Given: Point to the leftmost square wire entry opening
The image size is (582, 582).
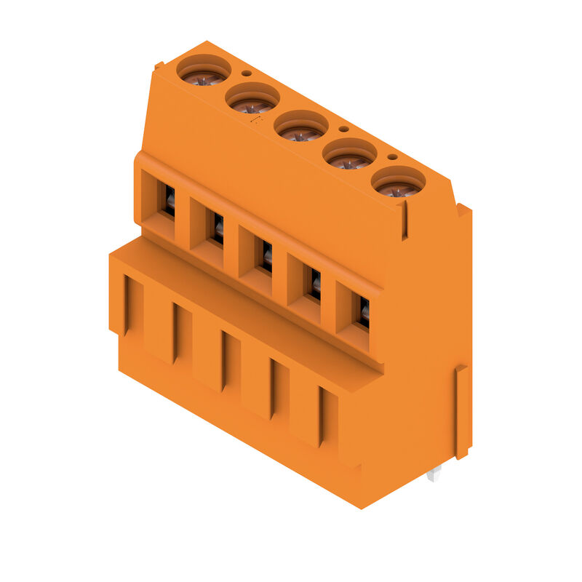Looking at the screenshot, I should [x=162, y=198].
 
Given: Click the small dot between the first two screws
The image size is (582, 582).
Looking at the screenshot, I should [x=247, y=73].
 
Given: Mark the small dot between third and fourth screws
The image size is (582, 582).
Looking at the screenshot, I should [x=344, y=129].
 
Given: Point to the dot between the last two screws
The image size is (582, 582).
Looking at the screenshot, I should [x=392, y=156].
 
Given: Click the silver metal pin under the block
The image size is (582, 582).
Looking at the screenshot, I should [x=434, y=474].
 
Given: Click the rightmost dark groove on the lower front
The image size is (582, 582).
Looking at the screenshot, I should [x=321, y=415].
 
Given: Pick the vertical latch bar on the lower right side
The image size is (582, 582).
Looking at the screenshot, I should [x=461, y=412].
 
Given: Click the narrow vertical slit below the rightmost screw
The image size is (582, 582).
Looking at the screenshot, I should [x=404, y=221].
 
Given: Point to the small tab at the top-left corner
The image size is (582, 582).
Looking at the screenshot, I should [x=157, y=67].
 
